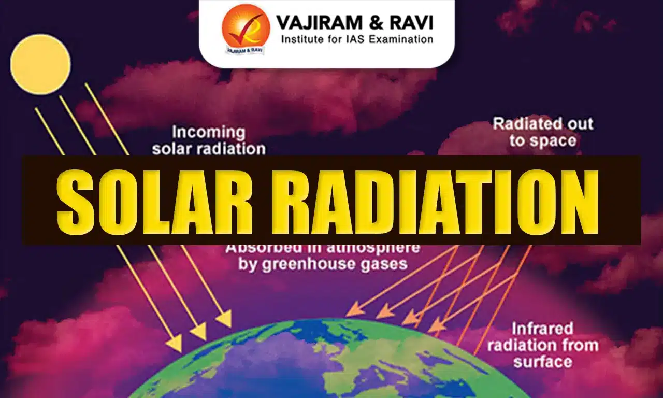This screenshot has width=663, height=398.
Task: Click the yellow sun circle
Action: (x=40, y=64)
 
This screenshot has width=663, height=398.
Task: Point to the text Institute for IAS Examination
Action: (x=357, y=39)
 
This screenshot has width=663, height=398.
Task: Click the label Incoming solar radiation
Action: (x=208, y=140)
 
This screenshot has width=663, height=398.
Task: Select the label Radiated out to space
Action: (x=543, y=132)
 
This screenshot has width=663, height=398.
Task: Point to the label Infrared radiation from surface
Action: (x=543, y=345)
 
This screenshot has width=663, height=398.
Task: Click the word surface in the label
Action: (x=543, y=361)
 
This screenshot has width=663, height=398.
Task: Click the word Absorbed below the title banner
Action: (x=256, y=248)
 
